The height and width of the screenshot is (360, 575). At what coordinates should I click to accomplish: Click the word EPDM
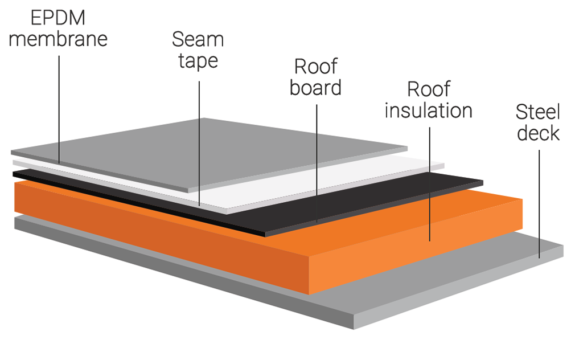(x=58, y=18)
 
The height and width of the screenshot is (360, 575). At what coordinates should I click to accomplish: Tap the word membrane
(x=58, y=39)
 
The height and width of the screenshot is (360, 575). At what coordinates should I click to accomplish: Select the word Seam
(x=198, y=40)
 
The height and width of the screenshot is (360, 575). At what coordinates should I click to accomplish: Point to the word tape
(x=198, y=60)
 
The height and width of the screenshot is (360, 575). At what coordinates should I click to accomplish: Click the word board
(x=315, y=88)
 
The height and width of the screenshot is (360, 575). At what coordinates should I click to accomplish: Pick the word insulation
(x=428, y=110)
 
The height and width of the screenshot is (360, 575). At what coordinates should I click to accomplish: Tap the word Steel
(x=538, y=112)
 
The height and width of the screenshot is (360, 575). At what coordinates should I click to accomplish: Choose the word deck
(x=538, y=133)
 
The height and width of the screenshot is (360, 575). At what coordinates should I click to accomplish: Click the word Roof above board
(x=315, y=67)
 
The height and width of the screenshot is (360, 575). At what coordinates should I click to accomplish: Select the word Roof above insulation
(x=428, y=89)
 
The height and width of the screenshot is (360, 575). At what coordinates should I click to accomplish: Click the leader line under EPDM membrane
(x=59, y=103)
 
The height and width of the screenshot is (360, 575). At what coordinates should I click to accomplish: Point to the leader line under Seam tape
(x=199, y=142)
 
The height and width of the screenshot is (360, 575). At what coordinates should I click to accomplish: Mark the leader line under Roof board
(x=317, y=159)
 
